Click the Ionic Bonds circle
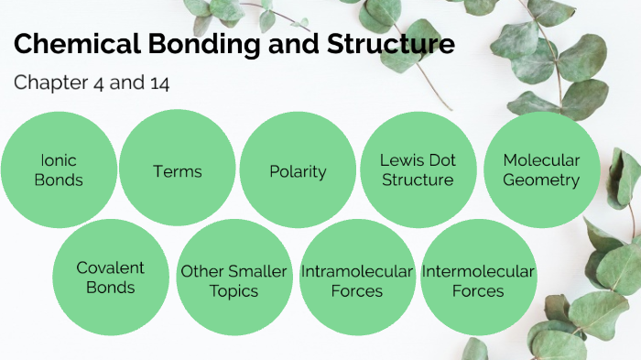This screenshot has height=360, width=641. tap(59, 170)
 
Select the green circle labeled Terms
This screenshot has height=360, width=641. tap(178, 170)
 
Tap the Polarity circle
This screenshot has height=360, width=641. tap(298, 170)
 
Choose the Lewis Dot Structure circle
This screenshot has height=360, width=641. tap(418, 170)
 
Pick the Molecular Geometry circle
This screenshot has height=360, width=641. tap(541, 170)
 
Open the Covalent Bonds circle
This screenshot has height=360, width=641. tap(111, 278)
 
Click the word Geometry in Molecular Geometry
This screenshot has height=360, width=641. tap(541, 180)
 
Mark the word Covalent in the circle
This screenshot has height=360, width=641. tap(111, 268)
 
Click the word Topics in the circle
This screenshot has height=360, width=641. tap(234, 291)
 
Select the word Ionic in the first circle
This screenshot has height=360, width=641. tap(59, 160)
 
